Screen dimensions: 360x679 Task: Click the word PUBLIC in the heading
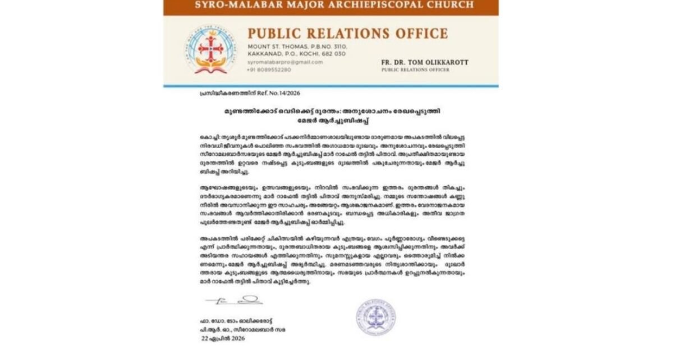pos(272,33)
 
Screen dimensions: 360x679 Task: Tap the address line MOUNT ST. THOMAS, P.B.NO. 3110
pos(297,46)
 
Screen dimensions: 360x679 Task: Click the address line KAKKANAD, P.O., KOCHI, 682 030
pos(297,54)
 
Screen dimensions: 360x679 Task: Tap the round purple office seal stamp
pos(375,317)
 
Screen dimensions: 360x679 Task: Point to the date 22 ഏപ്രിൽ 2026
pos(224,339)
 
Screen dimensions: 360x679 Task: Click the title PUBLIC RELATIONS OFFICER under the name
pos(415,70)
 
